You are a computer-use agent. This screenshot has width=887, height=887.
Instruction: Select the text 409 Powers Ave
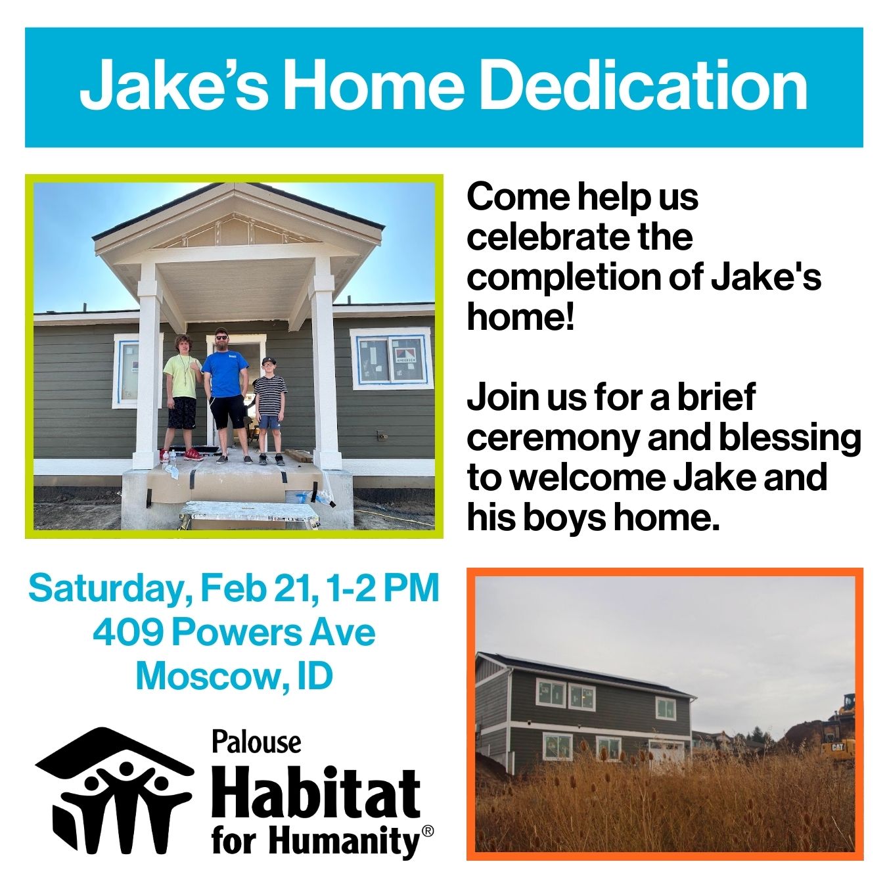click(x=234, y=633)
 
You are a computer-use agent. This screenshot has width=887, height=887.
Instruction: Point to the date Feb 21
click(x=256, y=588)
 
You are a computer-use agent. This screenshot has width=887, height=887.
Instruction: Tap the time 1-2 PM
click(x=380, y=588)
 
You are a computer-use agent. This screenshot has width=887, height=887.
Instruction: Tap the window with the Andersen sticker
click(x=391, y=358)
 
